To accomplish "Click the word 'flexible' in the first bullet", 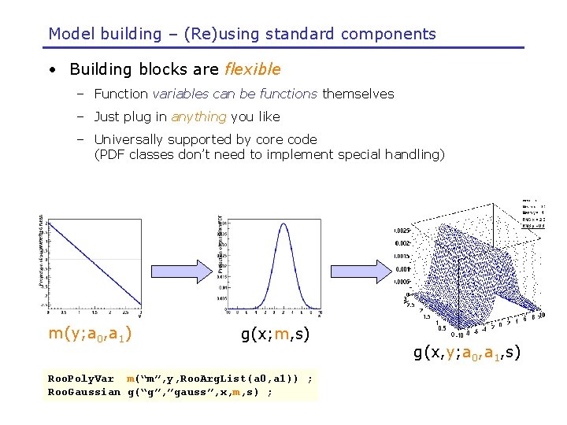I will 252,69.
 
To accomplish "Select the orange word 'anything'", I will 198,116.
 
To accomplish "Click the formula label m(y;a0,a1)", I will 90,334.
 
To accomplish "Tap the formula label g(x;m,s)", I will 275,334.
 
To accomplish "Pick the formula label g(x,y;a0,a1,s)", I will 468,353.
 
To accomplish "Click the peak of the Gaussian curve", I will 278,224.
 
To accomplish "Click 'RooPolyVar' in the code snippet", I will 81,379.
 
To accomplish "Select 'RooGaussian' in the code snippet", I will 84,391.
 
